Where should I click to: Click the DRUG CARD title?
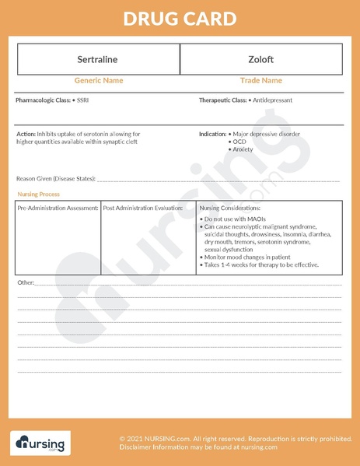click(180, 18)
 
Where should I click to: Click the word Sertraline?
click(99, 60)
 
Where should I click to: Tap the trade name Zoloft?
click(260, 60)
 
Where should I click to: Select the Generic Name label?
click(99, 81)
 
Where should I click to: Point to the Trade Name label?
click(260, 81)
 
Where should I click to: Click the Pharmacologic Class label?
click(42, 100)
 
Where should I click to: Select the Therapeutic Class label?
click(222, 100)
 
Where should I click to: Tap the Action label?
click(26, 134)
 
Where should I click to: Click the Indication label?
click(212, 134)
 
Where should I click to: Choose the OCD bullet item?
click(239, 142)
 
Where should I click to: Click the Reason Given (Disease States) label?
click(56, 179)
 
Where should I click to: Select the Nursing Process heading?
click(38, 194)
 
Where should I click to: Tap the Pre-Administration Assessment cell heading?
click(58, 208)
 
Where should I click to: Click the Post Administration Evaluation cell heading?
click(143, 208)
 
